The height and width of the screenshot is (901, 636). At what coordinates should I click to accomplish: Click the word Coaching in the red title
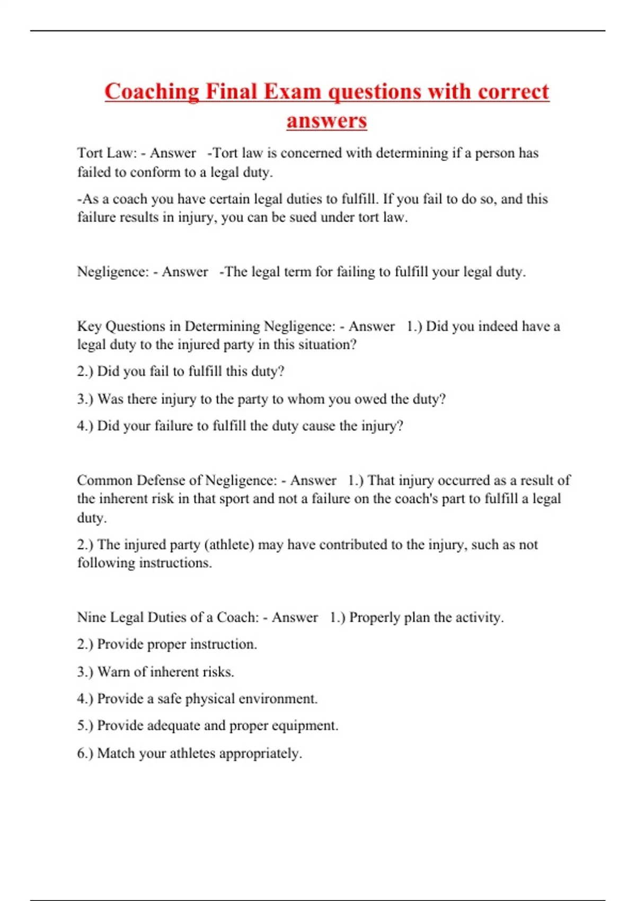coord(152,92)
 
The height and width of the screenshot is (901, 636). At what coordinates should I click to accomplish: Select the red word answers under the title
coord(326,120)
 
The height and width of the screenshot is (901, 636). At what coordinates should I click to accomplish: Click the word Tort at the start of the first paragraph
coord(90,153)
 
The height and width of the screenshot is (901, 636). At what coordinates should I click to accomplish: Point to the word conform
coord(155,172)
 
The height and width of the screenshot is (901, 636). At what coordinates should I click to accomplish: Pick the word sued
coord(303,217)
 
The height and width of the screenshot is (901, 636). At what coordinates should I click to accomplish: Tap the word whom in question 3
coord(305,399)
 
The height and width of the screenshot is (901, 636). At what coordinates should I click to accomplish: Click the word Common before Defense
coord(104,480)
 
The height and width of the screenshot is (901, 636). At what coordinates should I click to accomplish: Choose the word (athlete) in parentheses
coord(229,545)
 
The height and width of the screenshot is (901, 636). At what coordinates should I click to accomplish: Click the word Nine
coord(91,617)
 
